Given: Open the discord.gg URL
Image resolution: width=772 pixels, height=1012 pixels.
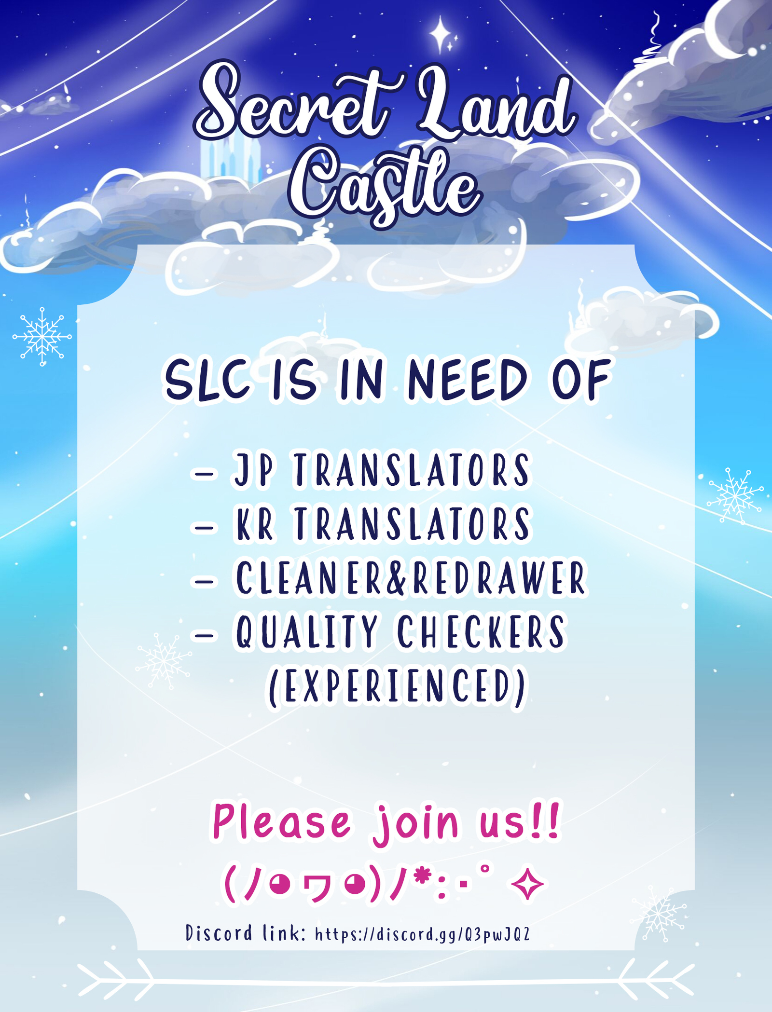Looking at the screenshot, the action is pos(423,934).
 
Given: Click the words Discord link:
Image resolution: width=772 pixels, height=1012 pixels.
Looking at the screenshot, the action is pos(246,933).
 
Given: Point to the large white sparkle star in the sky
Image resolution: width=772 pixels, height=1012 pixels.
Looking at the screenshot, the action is pos(440,34).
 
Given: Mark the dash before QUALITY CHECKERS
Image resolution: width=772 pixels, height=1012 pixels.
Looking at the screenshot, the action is pos(204,635).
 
